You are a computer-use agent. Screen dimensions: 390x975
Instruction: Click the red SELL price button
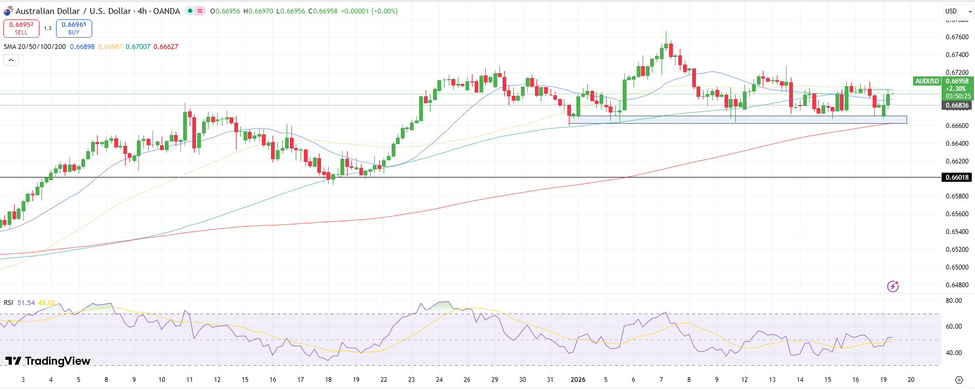21,28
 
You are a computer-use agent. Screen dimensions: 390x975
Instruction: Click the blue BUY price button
74,28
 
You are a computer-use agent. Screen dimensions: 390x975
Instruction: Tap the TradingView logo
48,361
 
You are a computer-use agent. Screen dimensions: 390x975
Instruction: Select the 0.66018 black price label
957,177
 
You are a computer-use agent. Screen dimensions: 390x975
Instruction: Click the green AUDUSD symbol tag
927,81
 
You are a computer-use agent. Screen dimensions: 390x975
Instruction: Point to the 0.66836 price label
957,105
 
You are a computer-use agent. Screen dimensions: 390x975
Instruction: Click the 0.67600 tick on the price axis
957,37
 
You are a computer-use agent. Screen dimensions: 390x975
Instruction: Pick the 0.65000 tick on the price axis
957,267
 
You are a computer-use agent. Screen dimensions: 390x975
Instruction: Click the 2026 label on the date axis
578,380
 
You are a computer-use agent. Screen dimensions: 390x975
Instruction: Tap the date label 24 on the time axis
440,380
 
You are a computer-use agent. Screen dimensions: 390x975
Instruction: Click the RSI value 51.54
26,303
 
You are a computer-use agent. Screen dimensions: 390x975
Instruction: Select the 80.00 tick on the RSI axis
954,301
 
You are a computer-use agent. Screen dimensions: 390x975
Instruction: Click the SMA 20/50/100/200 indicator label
34,47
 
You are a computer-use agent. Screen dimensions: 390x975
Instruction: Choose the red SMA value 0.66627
166,47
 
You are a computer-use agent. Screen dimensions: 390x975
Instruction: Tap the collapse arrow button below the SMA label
11,60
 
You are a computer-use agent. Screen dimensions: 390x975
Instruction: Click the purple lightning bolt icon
893,286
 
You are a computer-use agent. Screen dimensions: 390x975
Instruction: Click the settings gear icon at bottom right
959,380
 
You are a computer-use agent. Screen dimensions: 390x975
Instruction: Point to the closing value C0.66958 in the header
323,11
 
